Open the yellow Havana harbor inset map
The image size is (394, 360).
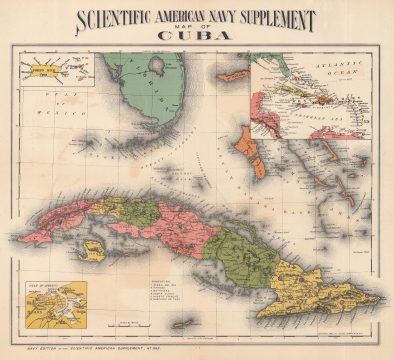56,303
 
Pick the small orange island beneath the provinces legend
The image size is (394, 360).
182,323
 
